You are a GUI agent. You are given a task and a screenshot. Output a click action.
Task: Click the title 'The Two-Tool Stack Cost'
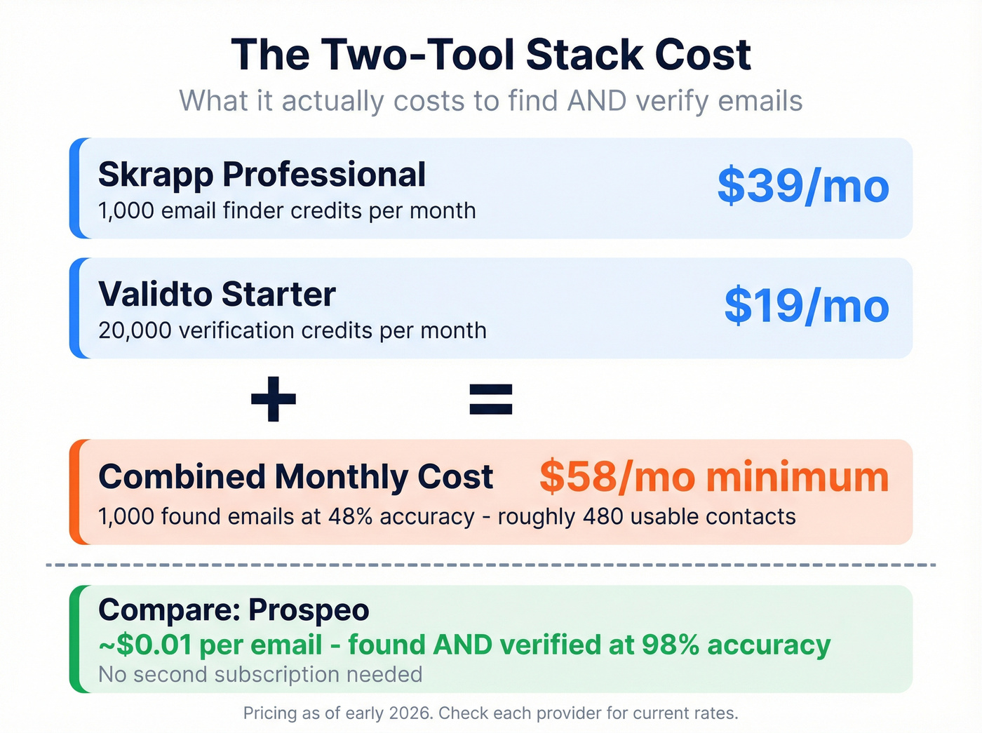pos(491,55)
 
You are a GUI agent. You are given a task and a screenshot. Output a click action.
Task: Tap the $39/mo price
pos(802,187)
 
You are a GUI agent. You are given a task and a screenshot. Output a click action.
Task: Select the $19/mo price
pos(806,306)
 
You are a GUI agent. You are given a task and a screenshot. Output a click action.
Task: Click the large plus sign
pos(274,399)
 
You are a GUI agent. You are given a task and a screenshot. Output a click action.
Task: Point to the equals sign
pos(491,399)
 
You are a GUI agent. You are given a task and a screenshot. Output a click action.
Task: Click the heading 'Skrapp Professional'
pos(262,175)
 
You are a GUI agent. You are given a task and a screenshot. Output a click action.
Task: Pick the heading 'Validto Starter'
pos(217,295)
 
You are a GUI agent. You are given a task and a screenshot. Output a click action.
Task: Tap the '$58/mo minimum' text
pos(713,477)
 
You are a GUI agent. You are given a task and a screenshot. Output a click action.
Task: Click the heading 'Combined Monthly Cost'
pos(295,477)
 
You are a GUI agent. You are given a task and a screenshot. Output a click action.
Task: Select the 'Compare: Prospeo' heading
pos(234,610)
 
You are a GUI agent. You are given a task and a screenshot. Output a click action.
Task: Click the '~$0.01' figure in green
pos(145,645)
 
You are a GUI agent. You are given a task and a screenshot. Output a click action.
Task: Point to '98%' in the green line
pos(670,645)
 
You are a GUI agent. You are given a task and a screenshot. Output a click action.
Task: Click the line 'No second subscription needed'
pos(260,675)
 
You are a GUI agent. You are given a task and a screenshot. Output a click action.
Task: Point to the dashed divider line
pos(491,564)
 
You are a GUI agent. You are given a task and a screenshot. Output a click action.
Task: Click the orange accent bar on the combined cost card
pos(75,492)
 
